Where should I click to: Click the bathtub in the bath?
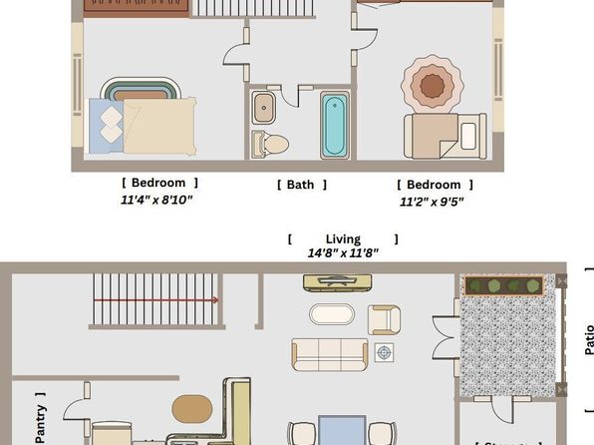pyautogui.click(x=334, y=125)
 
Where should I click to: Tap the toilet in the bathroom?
pyautogui.click(x=271, y=145)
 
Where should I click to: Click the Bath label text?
pyautogui.click(x=301, y=185)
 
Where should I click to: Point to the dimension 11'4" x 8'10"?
pyautogui.click(x=156, y=200)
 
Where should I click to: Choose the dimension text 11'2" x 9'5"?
pyautogui.click(x=432, y=202)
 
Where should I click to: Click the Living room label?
pyautogui.click(x=342, y=239)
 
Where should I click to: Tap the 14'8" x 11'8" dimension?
pyautogui.click(x=342, y=253)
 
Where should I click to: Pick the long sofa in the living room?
pyautogui.click(x=329, y=353)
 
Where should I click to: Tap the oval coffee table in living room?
pyautogui.click(x=332, y=314)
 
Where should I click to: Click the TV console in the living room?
pyautogui.click(x=338, y=282)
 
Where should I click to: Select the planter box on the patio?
pyautogui.click(x=504, y=286)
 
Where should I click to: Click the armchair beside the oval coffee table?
pyautogui.click(x=384, y=319)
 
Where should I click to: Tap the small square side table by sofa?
pyautogui.click(x=385, y=352)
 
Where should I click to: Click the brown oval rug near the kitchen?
pyautogui.click(x=192, y=409)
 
